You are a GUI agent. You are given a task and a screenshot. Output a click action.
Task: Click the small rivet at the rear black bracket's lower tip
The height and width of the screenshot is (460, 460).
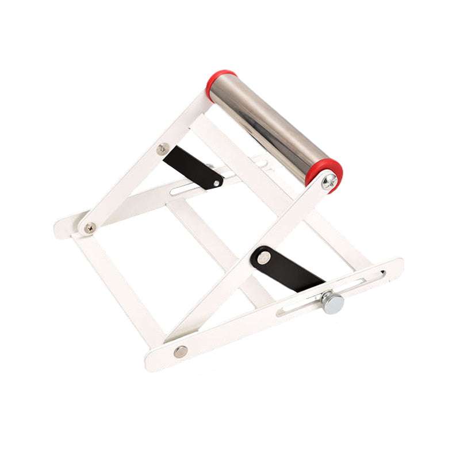[217, 184]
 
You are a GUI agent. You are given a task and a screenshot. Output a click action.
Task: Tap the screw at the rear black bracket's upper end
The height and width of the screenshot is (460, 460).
[162, 149]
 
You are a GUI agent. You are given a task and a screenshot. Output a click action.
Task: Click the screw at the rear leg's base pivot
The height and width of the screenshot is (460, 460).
[90, 228]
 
